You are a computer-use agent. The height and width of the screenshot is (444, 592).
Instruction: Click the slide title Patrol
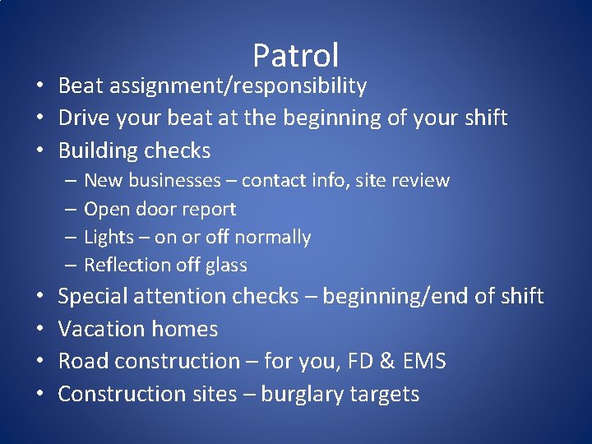(x=295, y=55)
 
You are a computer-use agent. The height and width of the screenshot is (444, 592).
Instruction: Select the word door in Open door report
(x=152, y=209)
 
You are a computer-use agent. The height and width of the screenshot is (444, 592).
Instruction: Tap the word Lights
(x=109, y=238)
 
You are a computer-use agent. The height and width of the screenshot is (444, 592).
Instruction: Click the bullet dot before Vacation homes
(x=39, y=329)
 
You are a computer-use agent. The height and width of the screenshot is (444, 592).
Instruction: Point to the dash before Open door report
(x=72, y=209)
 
